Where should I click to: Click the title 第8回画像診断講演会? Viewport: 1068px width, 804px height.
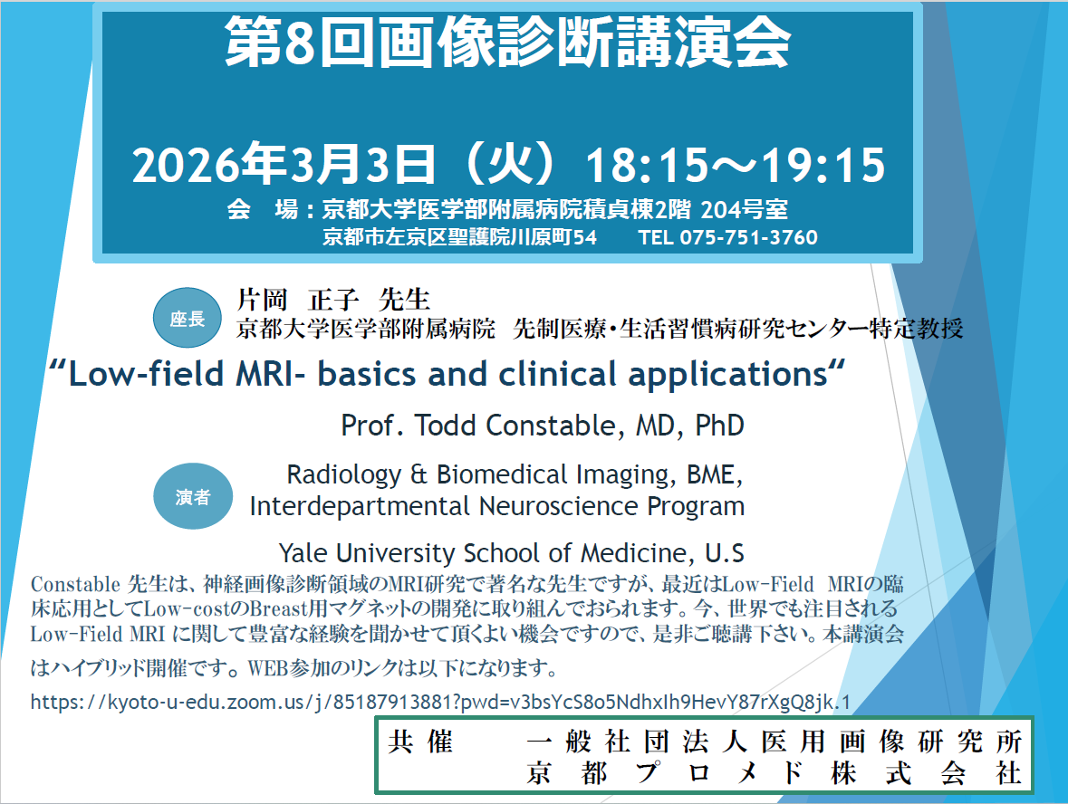(507, 43)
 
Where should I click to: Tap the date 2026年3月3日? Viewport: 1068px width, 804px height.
(284, 164)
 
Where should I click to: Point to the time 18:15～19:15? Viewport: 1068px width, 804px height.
(736, 165)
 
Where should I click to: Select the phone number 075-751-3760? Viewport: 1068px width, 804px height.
(748, 237)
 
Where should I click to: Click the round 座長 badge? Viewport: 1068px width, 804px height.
(188, 318)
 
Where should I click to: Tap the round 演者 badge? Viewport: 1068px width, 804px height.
(193, 496)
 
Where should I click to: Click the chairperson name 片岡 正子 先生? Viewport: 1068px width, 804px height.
(333, 300)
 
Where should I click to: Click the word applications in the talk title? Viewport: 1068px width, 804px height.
(727, 375)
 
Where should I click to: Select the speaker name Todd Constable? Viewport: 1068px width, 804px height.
(515, 426)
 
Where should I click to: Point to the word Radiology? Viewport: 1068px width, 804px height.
(344, 474)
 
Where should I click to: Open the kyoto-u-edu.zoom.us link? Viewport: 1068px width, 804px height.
(440, 702)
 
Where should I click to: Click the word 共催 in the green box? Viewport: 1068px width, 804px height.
(420, 742)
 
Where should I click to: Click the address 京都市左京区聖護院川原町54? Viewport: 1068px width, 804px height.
(460, 237)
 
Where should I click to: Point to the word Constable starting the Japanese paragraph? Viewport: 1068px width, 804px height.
(75, 584)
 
